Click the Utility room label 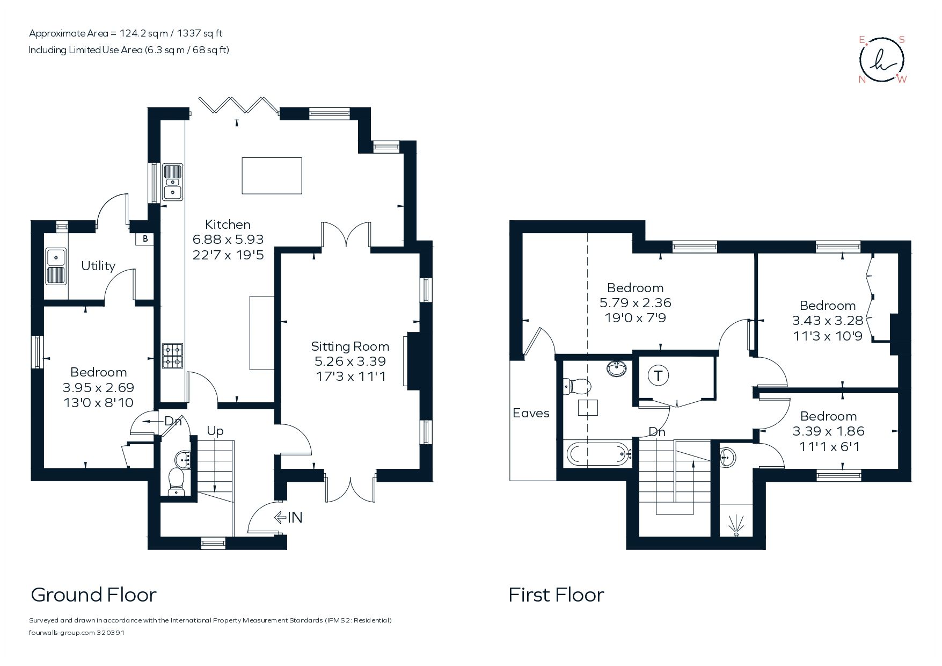pyautogui.click(x=98, y=266)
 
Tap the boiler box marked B pyautogui.click(x=145, y=239)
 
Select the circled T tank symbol pyautogui.click(x=658, y=376)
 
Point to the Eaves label pyautogui.click(x=531, y=413)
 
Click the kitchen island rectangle pyautogui.click(x=272, y=176)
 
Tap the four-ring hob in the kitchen pyautogui.click(x=173, y=355)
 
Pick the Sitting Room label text pyautogui.click(x=350, y=346)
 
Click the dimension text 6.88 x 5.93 pyautogui.click(x=228, y=240)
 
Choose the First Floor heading pyautogui.click(x=556, y=595)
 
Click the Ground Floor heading pyautogui.click(x=93, y=595)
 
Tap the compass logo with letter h pyautogui.click(x=882, y=60)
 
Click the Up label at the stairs pyautogui.click(x=215, y=431)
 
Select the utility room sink pyautogui.click(x=56, y=266)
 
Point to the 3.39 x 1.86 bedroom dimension pyautogui.click(x=828, y=431)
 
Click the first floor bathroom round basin pyautogui.click(x=617, y=369)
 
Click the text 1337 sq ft pyautogui.click(x=201, y=33)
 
